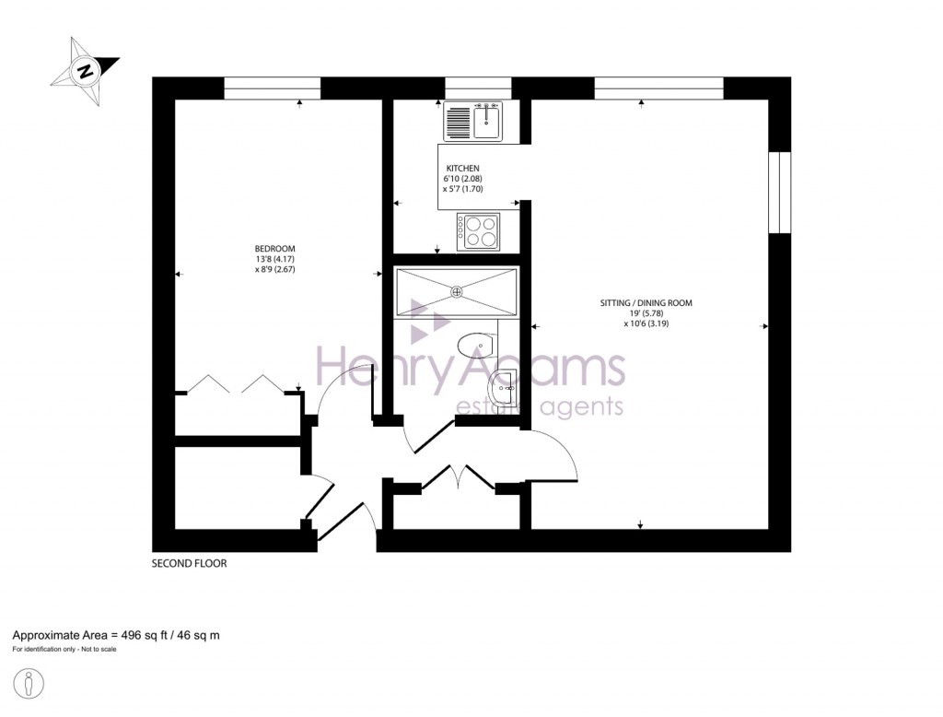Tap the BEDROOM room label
pyautogui.click(x=274, y=249)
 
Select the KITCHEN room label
pyautogui.click(x=463, y=168)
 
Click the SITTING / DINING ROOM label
pyautogui.click(x=646, y=302)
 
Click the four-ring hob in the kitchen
pyautogui.click(x=478, y=230)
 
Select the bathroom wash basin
pyautogui.click(x=507, y=388)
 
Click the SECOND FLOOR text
pyautogui.click(x=189, y=563)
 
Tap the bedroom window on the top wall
pyautogui.click(x=272, y=88)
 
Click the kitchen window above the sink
pyautogui.click(x=477, y=88)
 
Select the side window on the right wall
pyautogui.click(x=779, y=193)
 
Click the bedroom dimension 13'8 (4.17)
pyautogui.click(x=274, y=260)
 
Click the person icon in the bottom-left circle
pyautogui.click(x=30, y=684)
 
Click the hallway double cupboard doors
pyautogui.click(x=457, y=476)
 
